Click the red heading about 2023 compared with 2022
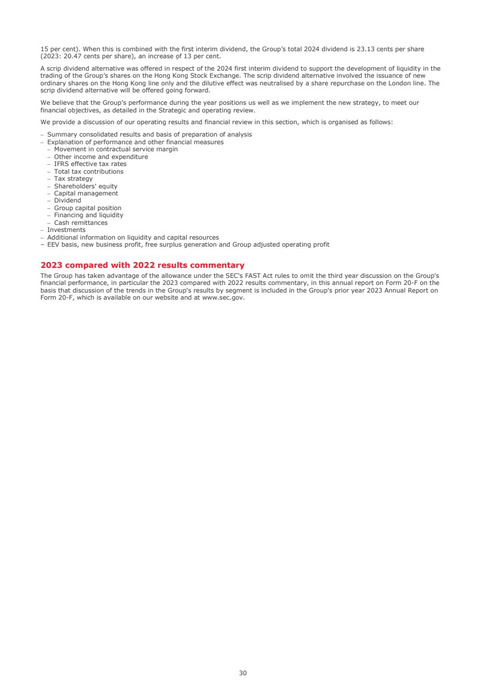tap(142, 265)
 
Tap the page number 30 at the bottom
tap(243, 673)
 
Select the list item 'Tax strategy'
tap(73, 179)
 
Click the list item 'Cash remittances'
tap(81, 223)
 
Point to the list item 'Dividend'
tap(67, 201)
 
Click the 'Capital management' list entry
tap(85, 194)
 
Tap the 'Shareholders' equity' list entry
tap(85, 186)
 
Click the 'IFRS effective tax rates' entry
tap(90, 164)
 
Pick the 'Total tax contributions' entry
tap(88, 171)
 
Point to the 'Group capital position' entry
tap(87, 208)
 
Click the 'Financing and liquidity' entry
tap(88, 215)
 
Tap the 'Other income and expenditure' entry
tap(101, 157)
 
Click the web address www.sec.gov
tap(223, 297)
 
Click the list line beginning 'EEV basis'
tap(188, 244)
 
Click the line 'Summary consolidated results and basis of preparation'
tap(149, 135)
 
